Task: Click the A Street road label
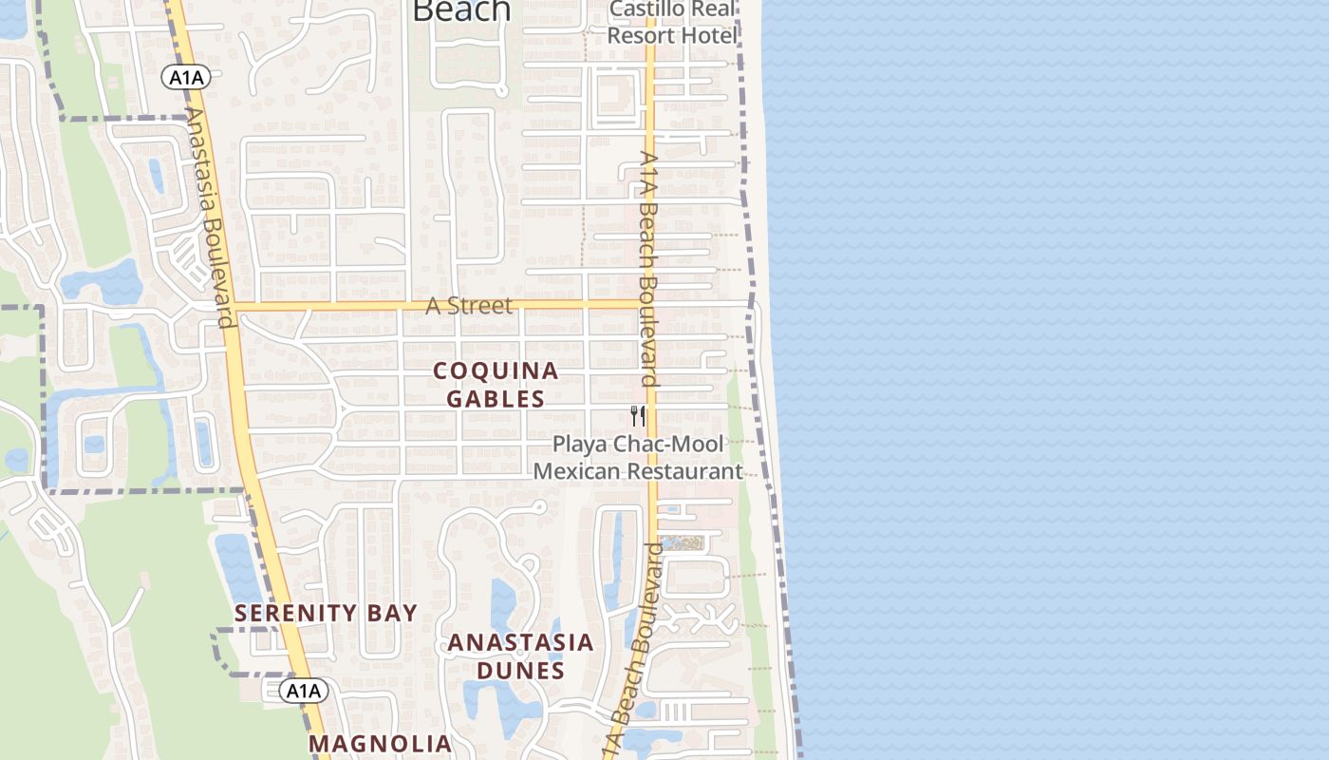pos(468,306)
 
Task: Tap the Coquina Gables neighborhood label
pos(496,385)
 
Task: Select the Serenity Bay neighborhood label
pos(326,614)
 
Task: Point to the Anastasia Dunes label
pos(520,656)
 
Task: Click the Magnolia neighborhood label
pos(381,743)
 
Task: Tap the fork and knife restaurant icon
pos(638,415)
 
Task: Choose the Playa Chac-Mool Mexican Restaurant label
pos(638,458)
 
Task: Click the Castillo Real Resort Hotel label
pos(673,23)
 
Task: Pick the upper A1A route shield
pos(184,78)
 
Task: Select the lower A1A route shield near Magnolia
pos(305,691)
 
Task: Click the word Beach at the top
pos(461,9)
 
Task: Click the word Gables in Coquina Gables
pos(496,399)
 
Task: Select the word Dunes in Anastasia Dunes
pos(520,671)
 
